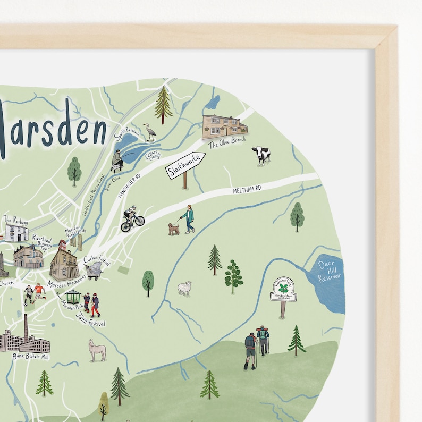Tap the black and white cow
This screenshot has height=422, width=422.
click(261, 155)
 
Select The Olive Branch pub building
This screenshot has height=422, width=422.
click(224, 126)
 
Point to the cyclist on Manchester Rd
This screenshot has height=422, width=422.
click(132, 218)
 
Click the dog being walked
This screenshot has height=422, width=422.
click(173, 229)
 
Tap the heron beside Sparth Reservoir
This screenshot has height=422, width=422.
click(151, 132)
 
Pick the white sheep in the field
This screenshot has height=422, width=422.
click(184, 288)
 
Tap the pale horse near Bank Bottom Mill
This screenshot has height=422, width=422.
click(97, 350)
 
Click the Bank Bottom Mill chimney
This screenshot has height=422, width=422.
click(26, 326)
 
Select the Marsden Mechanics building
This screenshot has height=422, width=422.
click(64, 263)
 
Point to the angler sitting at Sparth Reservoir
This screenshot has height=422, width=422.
click(117, 159)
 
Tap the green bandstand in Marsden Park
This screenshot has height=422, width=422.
click(73, 297)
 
